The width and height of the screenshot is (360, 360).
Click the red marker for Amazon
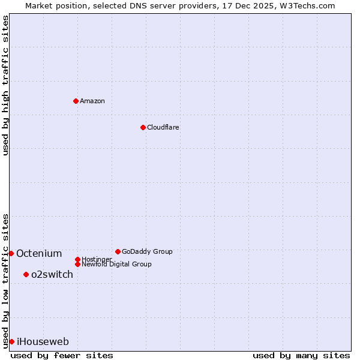click(x=76, y=101)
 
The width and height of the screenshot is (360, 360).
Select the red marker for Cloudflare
click(x=143, y=127)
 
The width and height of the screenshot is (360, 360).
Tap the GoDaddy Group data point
click(x=118, y=251)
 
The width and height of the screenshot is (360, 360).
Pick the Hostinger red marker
click(x=77, y=259)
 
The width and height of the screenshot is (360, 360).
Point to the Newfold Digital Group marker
click(x=77, y=264)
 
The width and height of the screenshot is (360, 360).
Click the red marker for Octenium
click(x=11, y=253)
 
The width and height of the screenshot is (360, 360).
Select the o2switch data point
click(x=26, y=274)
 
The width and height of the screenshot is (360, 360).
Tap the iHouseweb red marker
click(x=11, y=341)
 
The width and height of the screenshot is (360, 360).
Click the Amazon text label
click(x=92, y=101)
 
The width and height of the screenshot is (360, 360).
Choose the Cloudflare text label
click(x=163, y=127)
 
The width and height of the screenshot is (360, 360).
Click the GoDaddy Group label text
click(x=147, y=251)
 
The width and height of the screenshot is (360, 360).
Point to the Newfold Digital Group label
click(x=116, y=264)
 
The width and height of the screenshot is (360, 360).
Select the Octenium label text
click(x=39, y=253)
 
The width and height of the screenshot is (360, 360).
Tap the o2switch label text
click(x=52, y=274)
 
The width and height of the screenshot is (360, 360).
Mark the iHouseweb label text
click(x=43, y=341)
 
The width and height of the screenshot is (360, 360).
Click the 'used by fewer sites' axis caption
click(x=62, y=355)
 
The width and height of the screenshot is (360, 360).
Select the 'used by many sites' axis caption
click(x=301, y=355)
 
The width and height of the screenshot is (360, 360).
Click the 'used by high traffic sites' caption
click(x=5, y=85)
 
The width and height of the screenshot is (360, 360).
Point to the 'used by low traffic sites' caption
click(x=5, y=280)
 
